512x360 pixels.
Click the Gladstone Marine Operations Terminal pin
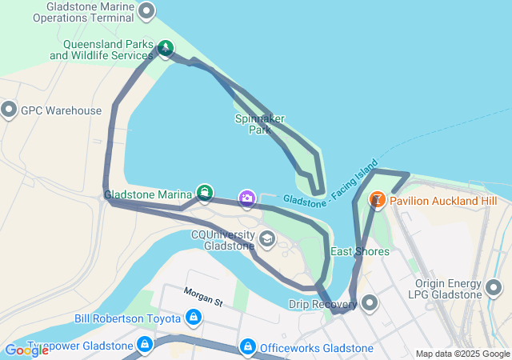point(146,11)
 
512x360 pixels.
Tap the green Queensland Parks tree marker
point(165,49)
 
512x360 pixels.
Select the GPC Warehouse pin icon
point(10,110)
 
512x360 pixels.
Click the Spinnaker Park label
point(260,124)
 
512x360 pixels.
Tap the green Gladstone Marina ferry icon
point(206,193)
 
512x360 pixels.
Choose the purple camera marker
point(247,197)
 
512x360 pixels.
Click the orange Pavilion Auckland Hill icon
point(377,199)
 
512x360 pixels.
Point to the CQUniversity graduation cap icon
point(266,238)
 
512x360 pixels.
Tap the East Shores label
point(360,251)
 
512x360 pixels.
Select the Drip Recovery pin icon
point(370,303)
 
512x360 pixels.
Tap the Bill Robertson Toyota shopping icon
point(193,318)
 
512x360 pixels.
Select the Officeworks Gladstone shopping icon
point(247,347)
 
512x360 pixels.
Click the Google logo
point(26,350)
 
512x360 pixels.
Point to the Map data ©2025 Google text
point(462,354)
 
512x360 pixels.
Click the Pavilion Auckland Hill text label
point(444,199)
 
